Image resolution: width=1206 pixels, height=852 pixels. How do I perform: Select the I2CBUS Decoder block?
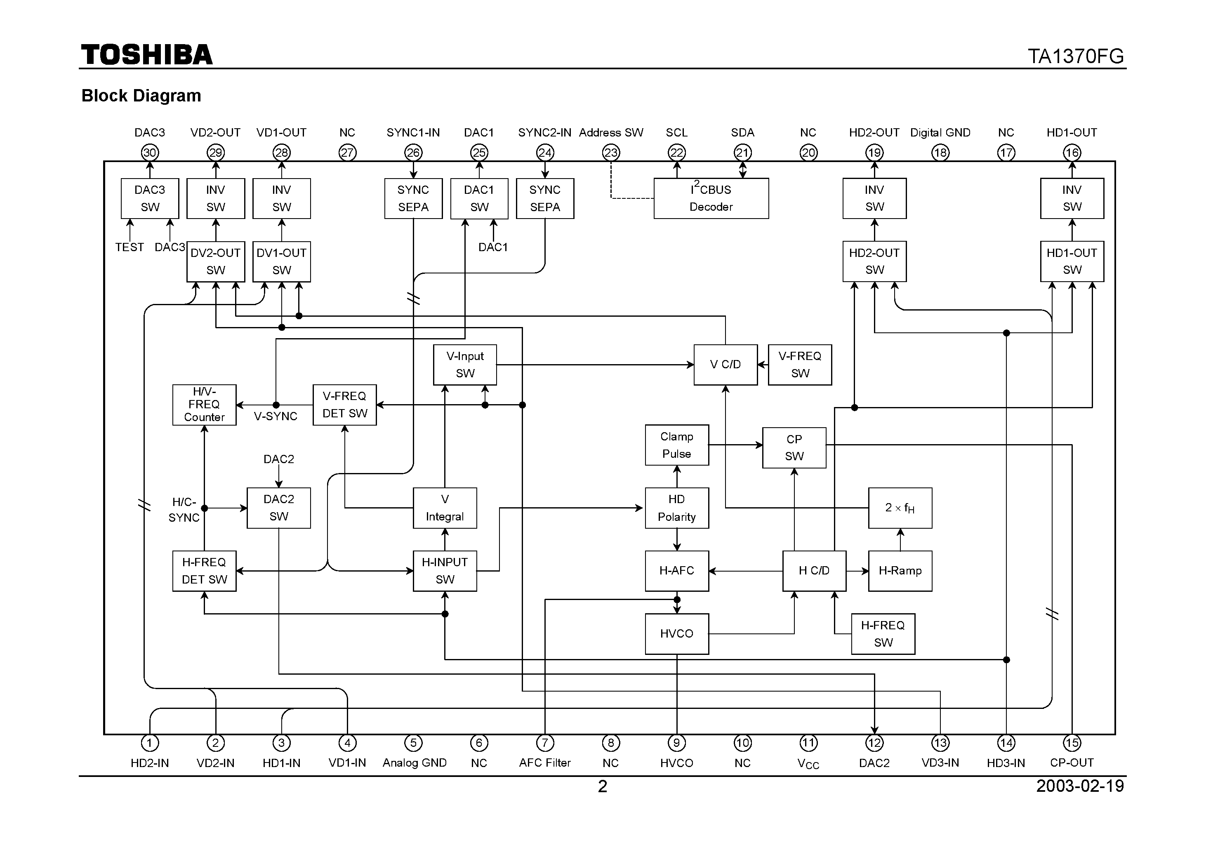coord(711,198)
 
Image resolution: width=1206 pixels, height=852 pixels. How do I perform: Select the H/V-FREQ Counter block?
coord(204,405)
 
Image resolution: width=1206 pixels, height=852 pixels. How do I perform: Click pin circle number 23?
coord(611,153)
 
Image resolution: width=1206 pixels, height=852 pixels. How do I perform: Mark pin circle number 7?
coord(545,743)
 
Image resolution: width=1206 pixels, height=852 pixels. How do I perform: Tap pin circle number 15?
coord(1072,743)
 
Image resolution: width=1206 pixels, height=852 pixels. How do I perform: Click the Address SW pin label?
coord(611,132)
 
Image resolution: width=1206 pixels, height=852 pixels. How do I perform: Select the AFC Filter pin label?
coord(545,763)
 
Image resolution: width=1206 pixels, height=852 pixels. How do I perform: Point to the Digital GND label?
coord(940,132)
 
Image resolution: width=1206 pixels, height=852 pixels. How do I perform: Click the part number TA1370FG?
coord(1075,56)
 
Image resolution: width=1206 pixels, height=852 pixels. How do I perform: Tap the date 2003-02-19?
coord(1079,786)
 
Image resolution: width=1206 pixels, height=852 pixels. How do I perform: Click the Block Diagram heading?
coord(141,96)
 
